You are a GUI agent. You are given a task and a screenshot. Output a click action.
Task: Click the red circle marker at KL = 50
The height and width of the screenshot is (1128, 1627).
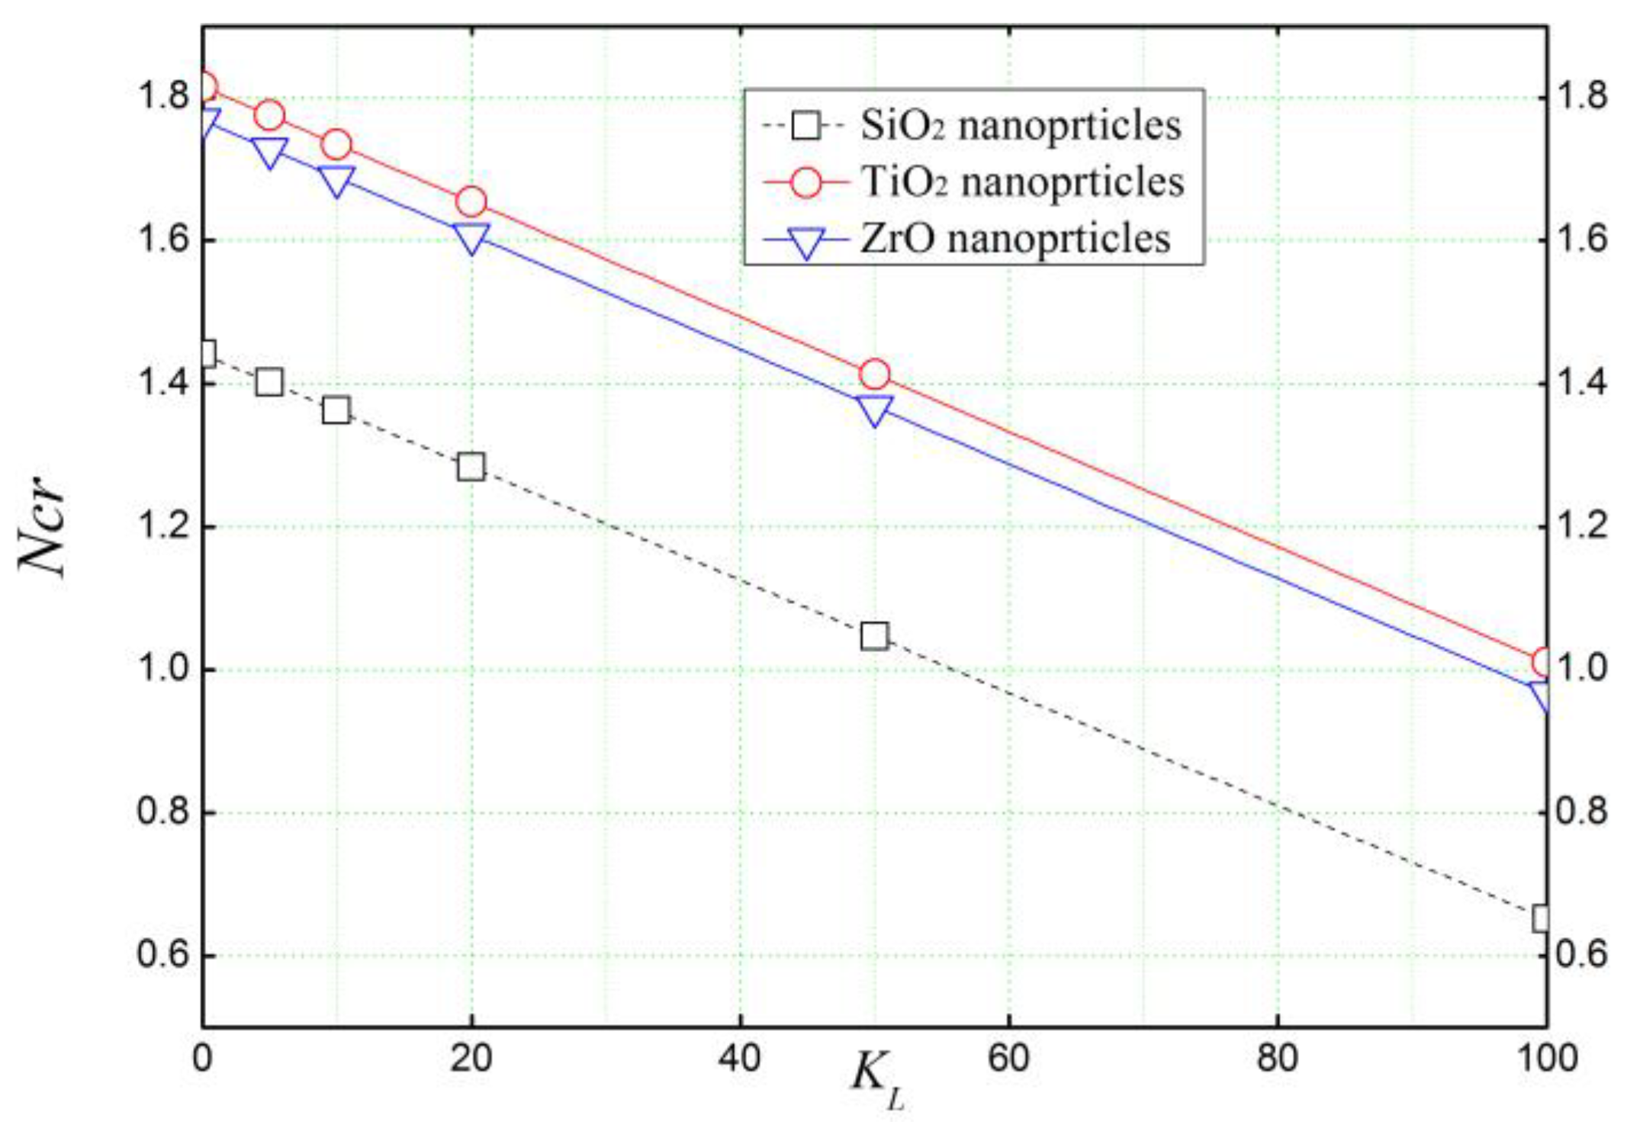point(874,374)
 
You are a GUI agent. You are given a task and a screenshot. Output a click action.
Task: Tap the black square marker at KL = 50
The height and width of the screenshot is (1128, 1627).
point(874,635)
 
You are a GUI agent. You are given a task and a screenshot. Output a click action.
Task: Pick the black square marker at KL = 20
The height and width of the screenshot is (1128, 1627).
point(471,466)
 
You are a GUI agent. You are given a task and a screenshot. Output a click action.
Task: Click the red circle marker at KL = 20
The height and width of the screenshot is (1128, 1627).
point(471,202)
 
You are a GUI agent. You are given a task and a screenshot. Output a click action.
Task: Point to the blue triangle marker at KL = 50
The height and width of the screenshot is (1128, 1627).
point(874,410)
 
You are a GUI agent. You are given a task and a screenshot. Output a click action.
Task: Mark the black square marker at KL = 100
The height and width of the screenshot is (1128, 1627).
point(1541,918)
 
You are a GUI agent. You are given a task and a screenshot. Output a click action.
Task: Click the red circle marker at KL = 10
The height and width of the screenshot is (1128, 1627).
point(336,145)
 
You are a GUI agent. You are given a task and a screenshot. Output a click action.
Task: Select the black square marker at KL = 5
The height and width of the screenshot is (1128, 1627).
point(269,381)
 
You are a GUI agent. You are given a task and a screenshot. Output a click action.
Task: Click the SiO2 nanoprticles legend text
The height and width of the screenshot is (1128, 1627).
point(1021,126)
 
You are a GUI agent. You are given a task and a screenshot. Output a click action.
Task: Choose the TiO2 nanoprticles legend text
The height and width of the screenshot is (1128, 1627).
point(1023,183)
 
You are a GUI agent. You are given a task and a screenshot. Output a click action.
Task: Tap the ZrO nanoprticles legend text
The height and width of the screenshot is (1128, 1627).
point(1015,239)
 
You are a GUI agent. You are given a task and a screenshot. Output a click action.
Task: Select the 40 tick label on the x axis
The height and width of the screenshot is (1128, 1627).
point(740,1059)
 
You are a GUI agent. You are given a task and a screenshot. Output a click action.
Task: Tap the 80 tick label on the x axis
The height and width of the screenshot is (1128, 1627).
point(1277,1059)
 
